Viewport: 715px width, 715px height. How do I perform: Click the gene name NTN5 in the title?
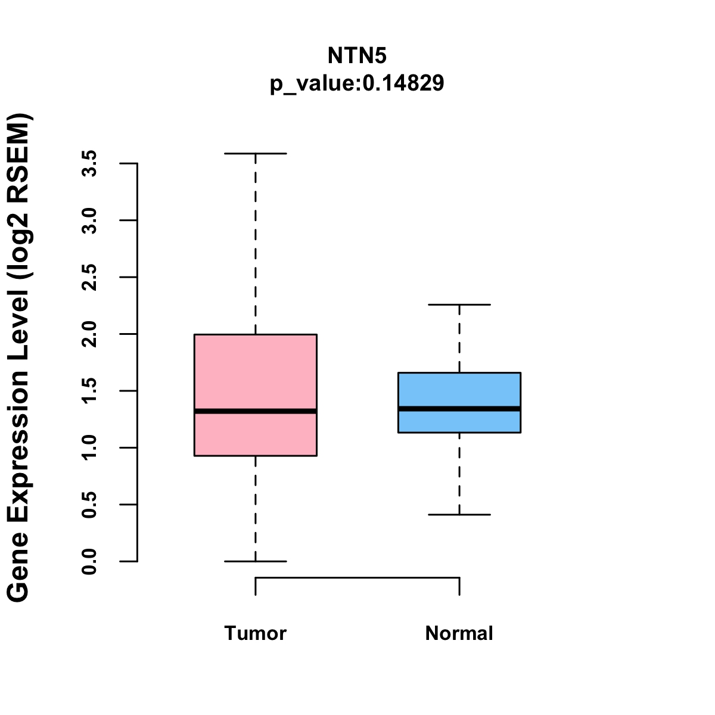coord(357,56)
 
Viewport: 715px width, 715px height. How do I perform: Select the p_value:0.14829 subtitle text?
coord(357,83)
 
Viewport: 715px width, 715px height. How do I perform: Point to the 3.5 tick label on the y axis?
coord(89,163)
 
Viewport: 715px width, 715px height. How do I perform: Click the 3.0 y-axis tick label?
coord(89,220)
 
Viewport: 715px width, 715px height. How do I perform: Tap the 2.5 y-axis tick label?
coord(89,277)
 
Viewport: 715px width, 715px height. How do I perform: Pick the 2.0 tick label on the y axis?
coord(89,334)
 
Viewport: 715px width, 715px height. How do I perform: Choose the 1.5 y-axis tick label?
coord(89,391)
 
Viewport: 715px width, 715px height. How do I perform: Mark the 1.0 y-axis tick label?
coord(89,447)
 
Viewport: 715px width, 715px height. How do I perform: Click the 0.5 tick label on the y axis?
coord(89,505)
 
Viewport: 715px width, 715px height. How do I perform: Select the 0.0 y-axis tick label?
coord(89,561)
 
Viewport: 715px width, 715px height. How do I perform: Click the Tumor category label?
coord(256,633)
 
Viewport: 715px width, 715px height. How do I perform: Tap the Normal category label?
coord(459,633)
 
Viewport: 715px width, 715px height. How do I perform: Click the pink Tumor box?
coord(256,369)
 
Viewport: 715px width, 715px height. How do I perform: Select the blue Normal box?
coord(459,390)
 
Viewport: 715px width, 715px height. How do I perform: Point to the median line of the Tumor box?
coord(256,411)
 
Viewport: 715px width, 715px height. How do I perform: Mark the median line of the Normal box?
coord(459,409)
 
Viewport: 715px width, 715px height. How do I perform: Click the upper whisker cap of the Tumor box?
coord(256,154)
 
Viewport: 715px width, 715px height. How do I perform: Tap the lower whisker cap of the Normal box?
coord(459,514)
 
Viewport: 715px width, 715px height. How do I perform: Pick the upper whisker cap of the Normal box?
coord(459,304)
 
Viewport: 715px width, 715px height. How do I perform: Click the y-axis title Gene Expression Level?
coord(19,357)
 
